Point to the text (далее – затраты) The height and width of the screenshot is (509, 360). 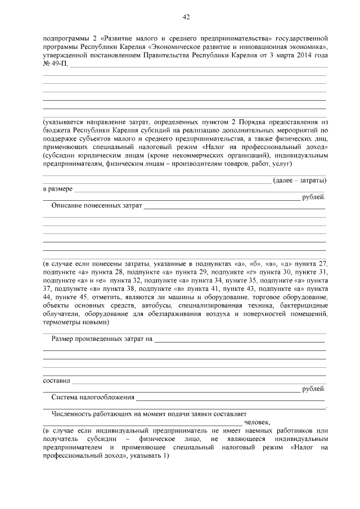pyautogui.click(x=299, y=180)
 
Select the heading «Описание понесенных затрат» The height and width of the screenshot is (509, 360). pyautogui.click(x=96, y=206)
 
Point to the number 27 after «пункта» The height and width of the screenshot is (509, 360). pyautogui.click(x=322, y=264)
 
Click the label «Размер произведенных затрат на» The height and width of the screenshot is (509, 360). pyautogui.click(x=102, y=339)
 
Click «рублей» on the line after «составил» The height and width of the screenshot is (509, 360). pyautogui.click(x=313, y=389)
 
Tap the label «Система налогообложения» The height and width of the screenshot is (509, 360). pyautogui.click(x=92, y=397)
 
